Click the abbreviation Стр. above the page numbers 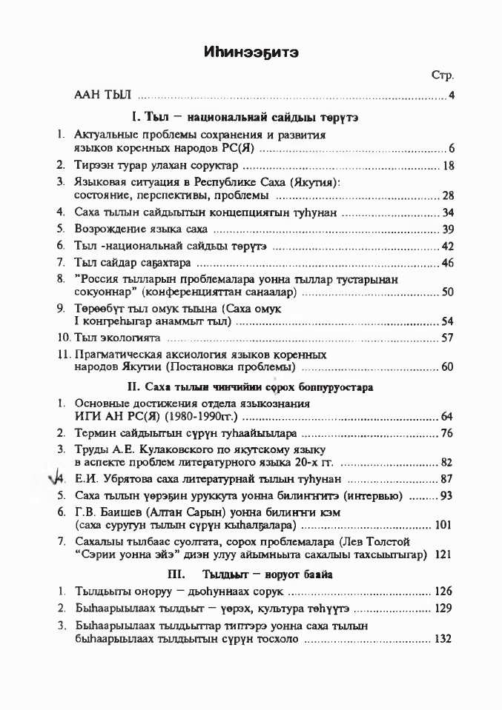point(441,76)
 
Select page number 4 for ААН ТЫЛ point(451,96)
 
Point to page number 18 point(447,165)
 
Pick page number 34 point(447,213)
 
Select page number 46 point(447,262)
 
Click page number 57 point(447,338)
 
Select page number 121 point(443,554)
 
